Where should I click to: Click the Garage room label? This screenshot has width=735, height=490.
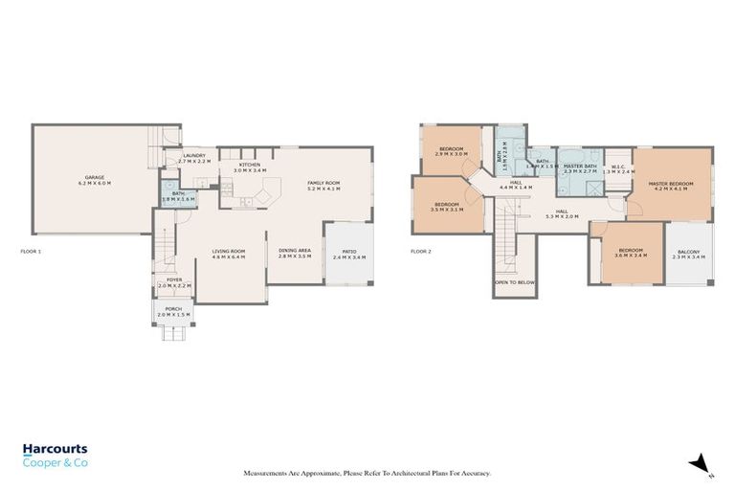pos(95,178)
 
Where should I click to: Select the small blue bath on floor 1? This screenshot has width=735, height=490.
pos(178,195)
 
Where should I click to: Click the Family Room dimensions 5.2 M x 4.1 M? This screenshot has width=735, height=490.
pos(323,189)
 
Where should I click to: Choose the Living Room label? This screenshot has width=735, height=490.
pos(229,253)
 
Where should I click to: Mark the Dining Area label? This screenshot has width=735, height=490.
pos(295,253)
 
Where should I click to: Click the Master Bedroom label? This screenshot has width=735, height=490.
pos(670,184)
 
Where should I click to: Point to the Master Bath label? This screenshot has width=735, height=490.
pos(580,167)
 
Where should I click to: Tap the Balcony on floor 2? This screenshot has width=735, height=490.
pos(689,253)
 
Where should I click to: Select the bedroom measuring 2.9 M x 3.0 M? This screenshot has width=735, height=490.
pos(452,150)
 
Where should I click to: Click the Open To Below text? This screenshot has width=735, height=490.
pos(514,283)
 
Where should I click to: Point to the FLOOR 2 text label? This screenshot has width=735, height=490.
pos(421,252)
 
